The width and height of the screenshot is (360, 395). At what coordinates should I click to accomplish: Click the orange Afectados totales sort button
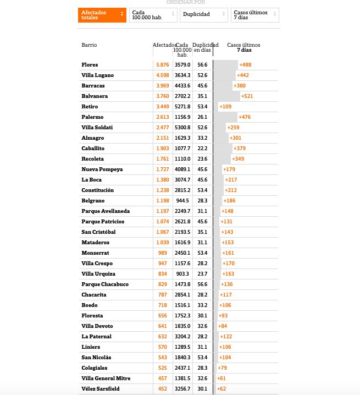point(102,15)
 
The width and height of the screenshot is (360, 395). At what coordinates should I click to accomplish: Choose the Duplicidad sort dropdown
point(203,15)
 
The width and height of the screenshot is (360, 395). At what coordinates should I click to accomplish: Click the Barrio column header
point(89,45)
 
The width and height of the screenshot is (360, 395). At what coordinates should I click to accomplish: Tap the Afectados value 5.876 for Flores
point(163,65)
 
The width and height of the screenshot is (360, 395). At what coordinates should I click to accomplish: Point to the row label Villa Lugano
point(98,75)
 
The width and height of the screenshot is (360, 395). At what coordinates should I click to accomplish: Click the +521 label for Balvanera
point(247,96)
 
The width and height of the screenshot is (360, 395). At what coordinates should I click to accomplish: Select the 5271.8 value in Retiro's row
point(182,107)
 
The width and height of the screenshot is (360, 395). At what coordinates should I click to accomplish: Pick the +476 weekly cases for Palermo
point(245,117)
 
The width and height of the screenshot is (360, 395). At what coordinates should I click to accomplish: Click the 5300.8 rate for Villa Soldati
point(182,128)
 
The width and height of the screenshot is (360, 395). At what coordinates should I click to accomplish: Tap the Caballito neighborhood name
point(93,149)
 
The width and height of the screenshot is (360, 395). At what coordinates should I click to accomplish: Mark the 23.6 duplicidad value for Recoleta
point(202,159)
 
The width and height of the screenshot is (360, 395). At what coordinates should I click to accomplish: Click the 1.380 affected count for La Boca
point(163,180)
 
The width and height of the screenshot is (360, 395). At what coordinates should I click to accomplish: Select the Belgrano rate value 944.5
point(182,201)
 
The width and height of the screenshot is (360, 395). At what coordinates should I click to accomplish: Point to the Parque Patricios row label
point(103,222)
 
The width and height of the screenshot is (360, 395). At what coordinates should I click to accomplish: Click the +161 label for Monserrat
point(228,253)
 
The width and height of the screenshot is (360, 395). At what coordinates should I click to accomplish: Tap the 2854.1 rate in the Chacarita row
point(182,295)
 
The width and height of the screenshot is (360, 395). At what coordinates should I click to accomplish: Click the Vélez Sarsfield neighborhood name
point(101,389)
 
